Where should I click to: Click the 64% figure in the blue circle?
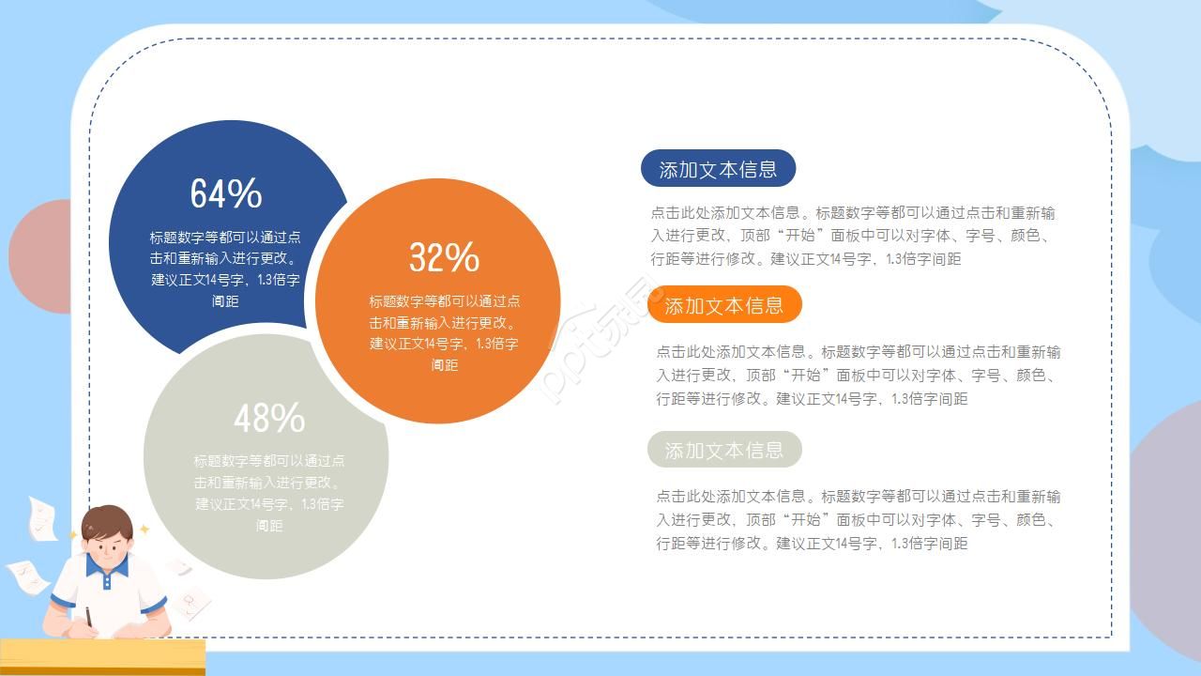226,193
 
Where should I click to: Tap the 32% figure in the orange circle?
444,257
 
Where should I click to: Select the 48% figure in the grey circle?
269,418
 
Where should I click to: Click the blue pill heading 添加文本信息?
718,169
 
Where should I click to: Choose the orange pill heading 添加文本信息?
723,305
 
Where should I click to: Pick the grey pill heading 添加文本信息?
723,450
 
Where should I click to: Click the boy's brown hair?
106,521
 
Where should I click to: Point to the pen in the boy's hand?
89,617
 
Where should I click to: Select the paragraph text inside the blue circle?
225,269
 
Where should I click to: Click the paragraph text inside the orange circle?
444,332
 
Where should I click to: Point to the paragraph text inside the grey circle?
269,492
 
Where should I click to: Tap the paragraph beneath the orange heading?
858,375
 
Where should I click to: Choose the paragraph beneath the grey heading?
858,519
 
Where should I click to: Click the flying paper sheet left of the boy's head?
41,518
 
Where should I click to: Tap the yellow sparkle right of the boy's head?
144,530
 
